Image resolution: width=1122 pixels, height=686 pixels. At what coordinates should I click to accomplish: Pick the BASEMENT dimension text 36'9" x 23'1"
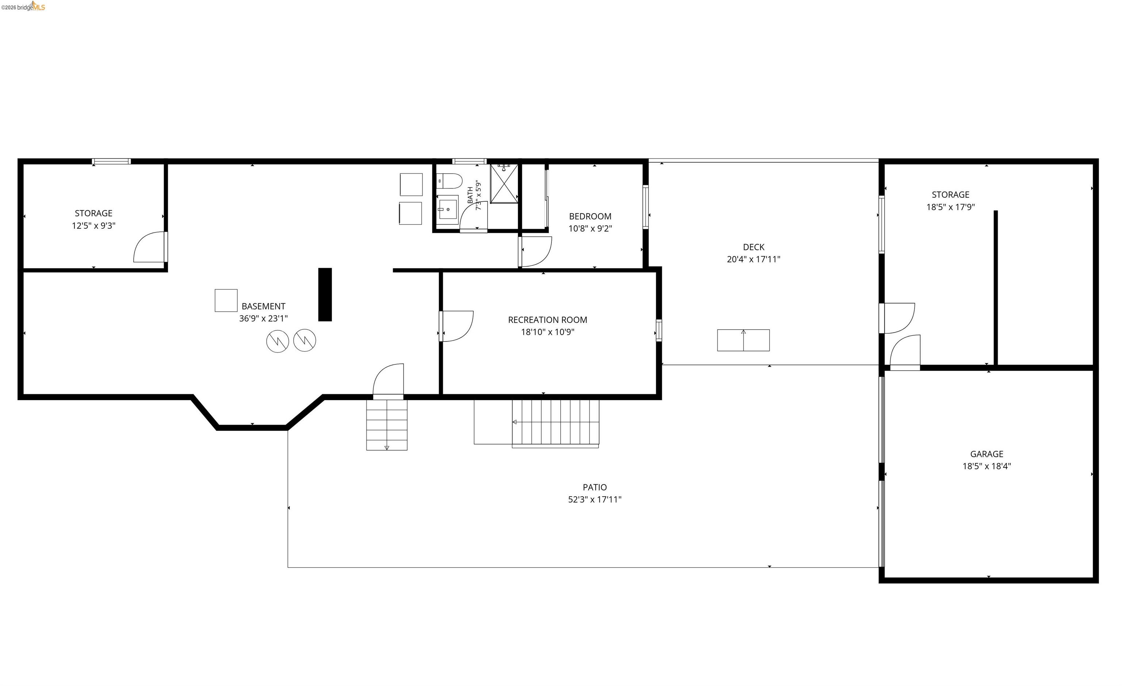point(264,318)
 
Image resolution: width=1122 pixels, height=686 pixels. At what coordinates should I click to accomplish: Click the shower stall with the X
point(504,183)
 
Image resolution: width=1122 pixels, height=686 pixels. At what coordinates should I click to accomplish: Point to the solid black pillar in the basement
point(325,294)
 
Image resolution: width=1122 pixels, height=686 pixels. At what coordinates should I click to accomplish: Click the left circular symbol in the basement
point(278,341)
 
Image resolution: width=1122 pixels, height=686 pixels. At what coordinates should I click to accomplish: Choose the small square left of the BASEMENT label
point(226,301)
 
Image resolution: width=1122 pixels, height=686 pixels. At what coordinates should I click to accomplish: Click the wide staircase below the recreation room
point(556,423)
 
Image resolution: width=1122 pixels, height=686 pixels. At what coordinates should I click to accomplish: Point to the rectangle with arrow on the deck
point(744,340)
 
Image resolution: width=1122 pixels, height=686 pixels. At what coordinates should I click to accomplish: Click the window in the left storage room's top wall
point(111,161)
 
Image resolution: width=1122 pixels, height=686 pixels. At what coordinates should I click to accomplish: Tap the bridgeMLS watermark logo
point(23,6)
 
